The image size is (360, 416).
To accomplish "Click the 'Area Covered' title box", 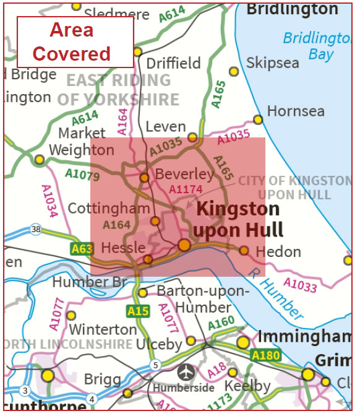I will (x=74, y=41).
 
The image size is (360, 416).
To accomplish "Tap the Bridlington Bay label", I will (x=317, y=46).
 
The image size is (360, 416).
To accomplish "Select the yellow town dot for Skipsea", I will (x=234, y=71).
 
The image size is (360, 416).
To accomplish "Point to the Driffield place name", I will (x=173, y=63).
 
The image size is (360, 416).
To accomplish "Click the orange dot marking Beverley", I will (x=144, y=178).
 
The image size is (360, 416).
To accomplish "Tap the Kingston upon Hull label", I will (x=238, y=220).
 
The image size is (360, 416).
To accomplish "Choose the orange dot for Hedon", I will (x=244, y=251).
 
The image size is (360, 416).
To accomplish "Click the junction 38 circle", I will (x=36, y=230).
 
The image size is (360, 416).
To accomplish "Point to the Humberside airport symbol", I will (x=185, y=373).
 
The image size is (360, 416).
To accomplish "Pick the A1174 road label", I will (x=186, y=189).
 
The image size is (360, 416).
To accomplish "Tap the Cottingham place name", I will (x=108, y=208).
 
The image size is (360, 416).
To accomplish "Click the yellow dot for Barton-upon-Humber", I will (x=143, y=292).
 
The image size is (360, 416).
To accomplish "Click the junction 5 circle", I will (x=155, y=365).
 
